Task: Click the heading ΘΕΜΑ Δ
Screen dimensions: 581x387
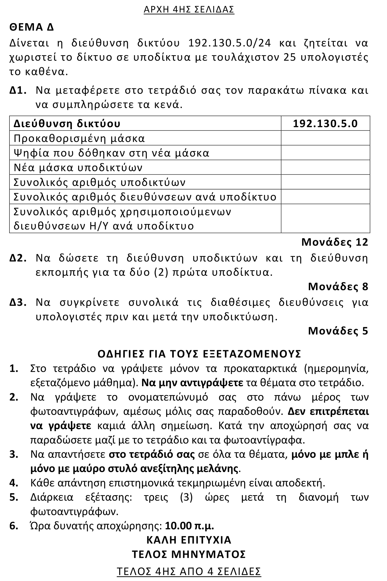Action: (31, 27)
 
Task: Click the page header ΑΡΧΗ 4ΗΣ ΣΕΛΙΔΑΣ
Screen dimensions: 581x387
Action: (189, 9)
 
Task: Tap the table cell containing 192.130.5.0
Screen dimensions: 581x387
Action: (325, 123)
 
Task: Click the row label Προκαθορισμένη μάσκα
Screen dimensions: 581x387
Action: (79, 138)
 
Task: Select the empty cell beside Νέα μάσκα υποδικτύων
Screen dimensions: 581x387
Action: (325, 167)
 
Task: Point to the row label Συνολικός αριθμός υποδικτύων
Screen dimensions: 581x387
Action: (99, 182)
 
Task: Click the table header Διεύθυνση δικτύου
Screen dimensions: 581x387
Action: (67, 123)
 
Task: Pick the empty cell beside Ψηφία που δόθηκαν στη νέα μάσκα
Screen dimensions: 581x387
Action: (325, 153)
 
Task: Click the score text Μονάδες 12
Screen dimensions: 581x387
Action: (335, 242)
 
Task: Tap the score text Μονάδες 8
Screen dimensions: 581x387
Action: (338, 286)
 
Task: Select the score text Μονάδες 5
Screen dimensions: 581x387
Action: (338, 331)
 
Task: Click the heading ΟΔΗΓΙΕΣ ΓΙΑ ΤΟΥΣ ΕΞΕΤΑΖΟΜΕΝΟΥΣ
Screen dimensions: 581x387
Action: (199, 354)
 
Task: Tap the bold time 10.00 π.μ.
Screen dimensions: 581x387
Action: (189, 526)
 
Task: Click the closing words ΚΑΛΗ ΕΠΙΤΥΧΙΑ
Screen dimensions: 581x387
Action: (189, 540)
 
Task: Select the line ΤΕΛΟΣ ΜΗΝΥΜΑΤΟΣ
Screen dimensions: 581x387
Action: (189, 554)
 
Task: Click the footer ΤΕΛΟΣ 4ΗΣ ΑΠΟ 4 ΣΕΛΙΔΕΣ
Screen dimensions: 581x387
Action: (189, 571)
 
